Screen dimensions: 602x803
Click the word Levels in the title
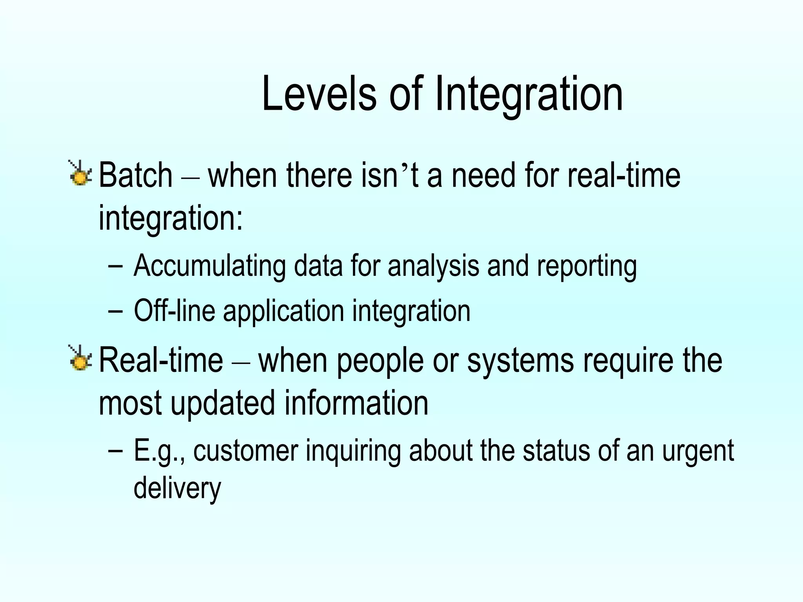pos(319,94)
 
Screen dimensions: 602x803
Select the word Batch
pos(136,175)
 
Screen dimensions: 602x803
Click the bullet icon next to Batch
pos(80,173)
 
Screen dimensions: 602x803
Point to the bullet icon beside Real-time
pos(80,358)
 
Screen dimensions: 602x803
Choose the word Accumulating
pos(210,266)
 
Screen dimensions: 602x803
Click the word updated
pos(223,404)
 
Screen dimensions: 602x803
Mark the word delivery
pos(177,488)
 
